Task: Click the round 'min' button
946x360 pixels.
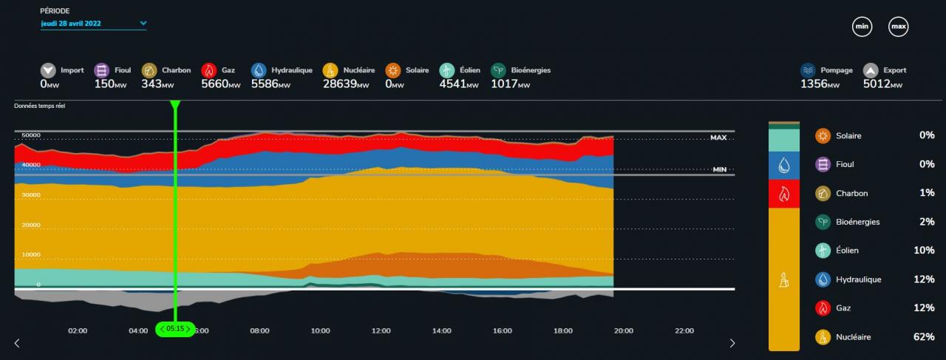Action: (x=862, y=27)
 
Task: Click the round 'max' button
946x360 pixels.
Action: (x=898, y=27)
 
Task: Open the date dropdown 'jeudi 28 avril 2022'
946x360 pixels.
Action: (x=93, y=24)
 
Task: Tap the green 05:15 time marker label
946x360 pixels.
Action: (x=174, y=328)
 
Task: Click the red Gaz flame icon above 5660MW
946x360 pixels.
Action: (x=209, y=71)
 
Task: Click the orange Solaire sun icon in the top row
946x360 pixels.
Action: (x=393, y=71)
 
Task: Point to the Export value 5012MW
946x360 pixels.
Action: (x=882, y=84)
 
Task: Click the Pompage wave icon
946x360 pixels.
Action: (x=809, y=71)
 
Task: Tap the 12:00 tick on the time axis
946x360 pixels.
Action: (x=381, y=331)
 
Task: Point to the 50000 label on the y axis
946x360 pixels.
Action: (x=30, y=135)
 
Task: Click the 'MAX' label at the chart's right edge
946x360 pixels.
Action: (x=718, y=137)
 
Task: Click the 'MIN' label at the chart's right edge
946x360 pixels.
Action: (x=720, y=169)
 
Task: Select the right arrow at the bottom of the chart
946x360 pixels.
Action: (x=732, y=343)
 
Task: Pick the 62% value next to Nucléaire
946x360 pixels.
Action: (x=923, y=337)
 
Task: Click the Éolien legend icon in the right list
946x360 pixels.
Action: (x=823, y=251)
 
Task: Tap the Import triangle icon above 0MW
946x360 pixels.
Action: (x=49, y=71)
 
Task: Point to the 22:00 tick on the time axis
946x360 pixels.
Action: (x=684, y=331)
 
